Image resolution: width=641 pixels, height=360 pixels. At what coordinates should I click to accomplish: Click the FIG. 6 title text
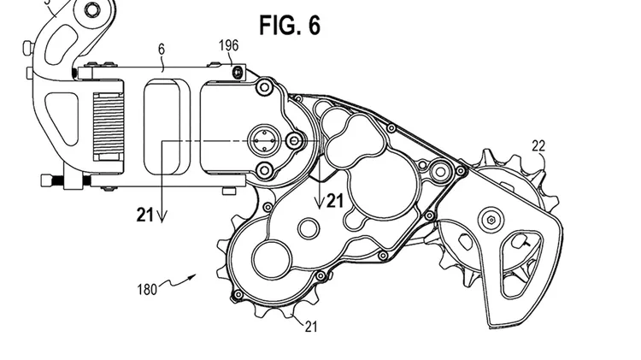pos(290,25)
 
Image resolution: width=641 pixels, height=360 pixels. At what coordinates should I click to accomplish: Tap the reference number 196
pos(228,45)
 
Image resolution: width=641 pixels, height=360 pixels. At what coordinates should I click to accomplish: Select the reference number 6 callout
pos(162,50)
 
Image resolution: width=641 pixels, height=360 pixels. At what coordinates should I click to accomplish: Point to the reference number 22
pos(538,146)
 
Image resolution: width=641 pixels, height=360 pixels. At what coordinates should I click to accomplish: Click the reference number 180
pos(147,290)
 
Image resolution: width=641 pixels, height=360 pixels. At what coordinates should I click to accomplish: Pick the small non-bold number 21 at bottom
pos(311,327)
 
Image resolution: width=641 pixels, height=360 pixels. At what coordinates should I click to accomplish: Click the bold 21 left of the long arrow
pos(144,215)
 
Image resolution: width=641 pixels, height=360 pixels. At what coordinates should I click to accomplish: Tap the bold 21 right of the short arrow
pos(335,200)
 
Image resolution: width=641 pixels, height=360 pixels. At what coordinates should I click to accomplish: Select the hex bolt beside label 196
pos(237,73)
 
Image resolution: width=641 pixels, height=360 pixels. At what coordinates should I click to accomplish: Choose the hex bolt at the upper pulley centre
pos(491,221)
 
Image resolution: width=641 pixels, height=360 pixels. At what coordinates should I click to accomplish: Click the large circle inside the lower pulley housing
pos(272,260)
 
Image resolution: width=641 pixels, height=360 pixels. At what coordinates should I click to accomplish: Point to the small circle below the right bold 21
pos(309,228)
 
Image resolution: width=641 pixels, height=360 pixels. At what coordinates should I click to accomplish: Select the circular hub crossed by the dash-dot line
pos(264,141)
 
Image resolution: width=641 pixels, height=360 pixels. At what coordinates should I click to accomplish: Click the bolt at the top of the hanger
pos(91,9)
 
